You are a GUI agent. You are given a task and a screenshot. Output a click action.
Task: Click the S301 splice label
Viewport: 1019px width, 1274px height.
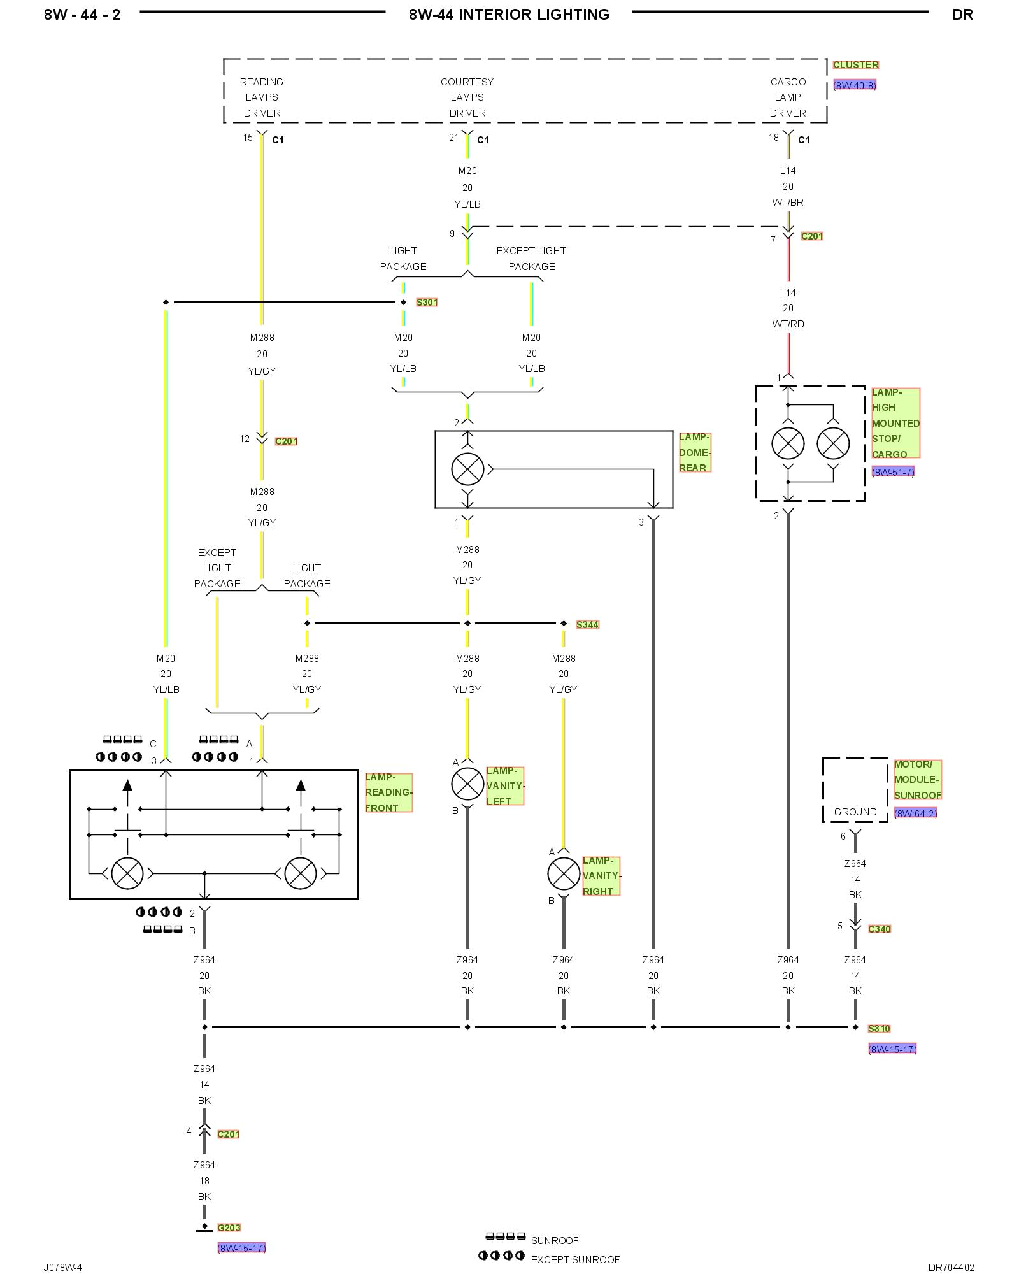[427, 303]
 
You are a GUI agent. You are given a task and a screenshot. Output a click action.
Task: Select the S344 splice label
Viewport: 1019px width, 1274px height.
[587, 625]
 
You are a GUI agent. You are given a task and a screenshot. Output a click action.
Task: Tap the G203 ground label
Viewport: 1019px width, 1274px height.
[229, 1227]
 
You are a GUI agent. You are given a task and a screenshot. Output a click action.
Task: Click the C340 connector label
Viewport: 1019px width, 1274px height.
[879, 929]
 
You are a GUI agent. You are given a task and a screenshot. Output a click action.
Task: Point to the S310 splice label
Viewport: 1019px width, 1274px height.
[879, 1028]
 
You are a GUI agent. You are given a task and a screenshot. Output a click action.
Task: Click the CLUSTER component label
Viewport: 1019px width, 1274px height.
[855, 65]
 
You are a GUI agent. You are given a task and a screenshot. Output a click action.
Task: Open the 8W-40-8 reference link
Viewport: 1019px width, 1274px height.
[854, 85]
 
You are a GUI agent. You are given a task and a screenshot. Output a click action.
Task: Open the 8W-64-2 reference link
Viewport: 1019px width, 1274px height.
[915, 813]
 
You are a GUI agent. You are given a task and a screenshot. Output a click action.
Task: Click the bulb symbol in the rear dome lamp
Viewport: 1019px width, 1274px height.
[467, 469]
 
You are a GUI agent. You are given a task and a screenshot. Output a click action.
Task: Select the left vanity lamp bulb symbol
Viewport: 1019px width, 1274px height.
[467, 784]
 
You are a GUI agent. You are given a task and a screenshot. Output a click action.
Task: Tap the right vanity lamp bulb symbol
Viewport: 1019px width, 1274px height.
[564, 873]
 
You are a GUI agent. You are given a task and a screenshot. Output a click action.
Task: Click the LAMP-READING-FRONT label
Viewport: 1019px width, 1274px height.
[388, 792]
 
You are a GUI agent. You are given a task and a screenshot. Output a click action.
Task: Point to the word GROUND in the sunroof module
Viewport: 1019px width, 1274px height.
[855, 812]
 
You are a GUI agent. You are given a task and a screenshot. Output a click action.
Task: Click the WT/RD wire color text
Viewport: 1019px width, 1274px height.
[788, 324]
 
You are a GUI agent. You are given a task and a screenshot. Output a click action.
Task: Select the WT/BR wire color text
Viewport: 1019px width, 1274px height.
[788, 203]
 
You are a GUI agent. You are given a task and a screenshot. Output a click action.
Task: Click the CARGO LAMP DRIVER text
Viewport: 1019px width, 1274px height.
[788, 97]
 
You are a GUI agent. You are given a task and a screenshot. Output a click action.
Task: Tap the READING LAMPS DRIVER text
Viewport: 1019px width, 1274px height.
[262, 97]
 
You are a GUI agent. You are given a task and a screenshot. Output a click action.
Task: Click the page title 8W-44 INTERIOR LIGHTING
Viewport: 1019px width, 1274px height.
[509, 15]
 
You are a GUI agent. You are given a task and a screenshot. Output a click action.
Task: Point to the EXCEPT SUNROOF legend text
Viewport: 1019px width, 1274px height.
[574, 1259]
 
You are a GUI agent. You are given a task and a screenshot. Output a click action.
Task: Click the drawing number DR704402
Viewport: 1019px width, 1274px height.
[951, 1267]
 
